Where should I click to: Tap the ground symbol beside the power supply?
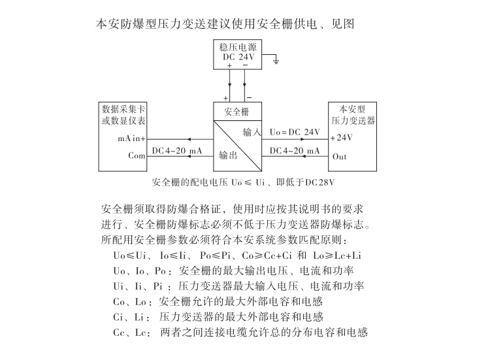[276, 62]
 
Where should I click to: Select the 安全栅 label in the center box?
[236, 110]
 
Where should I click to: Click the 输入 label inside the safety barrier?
[252, 132]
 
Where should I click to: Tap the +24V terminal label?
[341, 138]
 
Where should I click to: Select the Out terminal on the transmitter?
[340, 157]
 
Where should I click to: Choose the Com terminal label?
[137, 156]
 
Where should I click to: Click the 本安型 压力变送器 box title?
[353, 115]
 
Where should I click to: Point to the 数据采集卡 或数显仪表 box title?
[123, 115]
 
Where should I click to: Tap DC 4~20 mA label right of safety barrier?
[295, 151]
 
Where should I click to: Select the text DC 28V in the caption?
[324, 181]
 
